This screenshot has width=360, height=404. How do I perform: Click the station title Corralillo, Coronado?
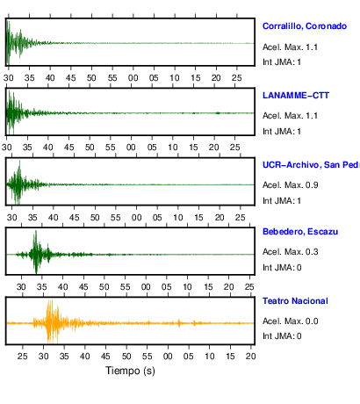pos(305,26)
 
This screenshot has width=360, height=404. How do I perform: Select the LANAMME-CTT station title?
pos(296,96)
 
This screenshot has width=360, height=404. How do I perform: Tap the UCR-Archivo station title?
pos(311,165)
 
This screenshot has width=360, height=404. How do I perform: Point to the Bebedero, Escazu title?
pos(300,232)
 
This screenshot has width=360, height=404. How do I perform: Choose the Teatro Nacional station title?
pos(295,301)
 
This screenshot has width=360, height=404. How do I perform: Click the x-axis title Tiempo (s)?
pos(130,371)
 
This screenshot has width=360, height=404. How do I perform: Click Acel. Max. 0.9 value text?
pos(290,185)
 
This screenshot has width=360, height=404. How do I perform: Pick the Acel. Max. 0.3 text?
pos(290,252)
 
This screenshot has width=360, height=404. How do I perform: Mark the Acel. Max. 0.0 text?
pos(290,321)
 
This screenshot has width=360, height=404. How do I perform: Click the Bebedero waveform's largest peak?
pos(36,231)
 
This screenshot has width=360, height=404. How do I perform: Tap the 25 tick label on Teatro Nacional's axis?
pos(23,357)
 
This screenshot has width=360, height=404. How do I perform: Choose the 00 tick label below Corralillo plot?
pos(133,78)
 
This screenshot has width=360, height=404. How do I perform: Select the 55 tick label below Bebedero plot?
pos(125,287)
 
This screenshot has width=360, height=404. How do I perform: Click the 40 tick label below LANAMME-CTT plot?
pos(48,148)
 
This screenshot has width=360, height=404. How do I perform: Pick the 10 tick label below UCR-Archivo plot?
pos(178,218)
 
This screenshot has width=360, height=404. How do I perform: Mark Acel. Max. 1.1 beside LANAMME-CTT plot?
pos(290,116)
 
